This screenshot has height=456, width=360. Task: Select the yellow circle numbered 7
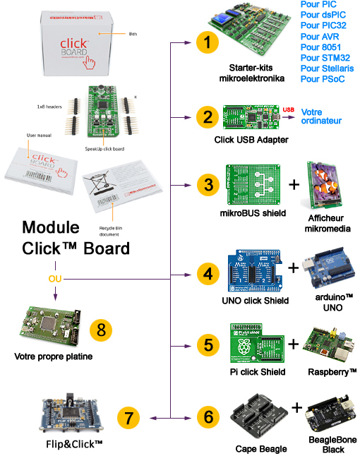click(x=128, y=417)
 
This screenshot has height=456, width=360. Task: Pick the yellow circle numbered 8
click(x=101, y=329)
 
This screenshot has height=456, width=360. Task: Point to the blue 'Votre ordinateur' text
click(x=321, y=116)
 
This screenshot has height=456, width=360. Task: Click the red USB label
click(x=288, y=109)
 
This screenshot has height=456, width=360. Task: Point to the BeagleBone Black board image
click(x=331, y=415)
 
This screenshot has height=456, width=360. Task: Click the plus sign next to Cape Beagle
click(x=297, y=407)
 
